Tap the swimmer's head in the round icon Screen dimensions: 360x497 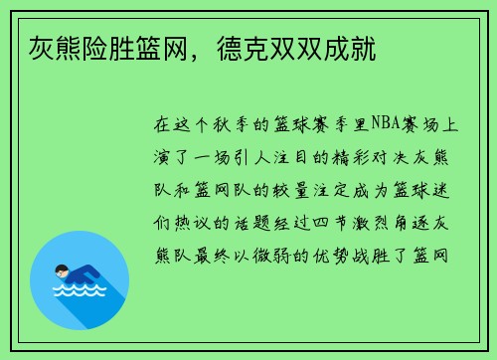coord(62,269)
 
